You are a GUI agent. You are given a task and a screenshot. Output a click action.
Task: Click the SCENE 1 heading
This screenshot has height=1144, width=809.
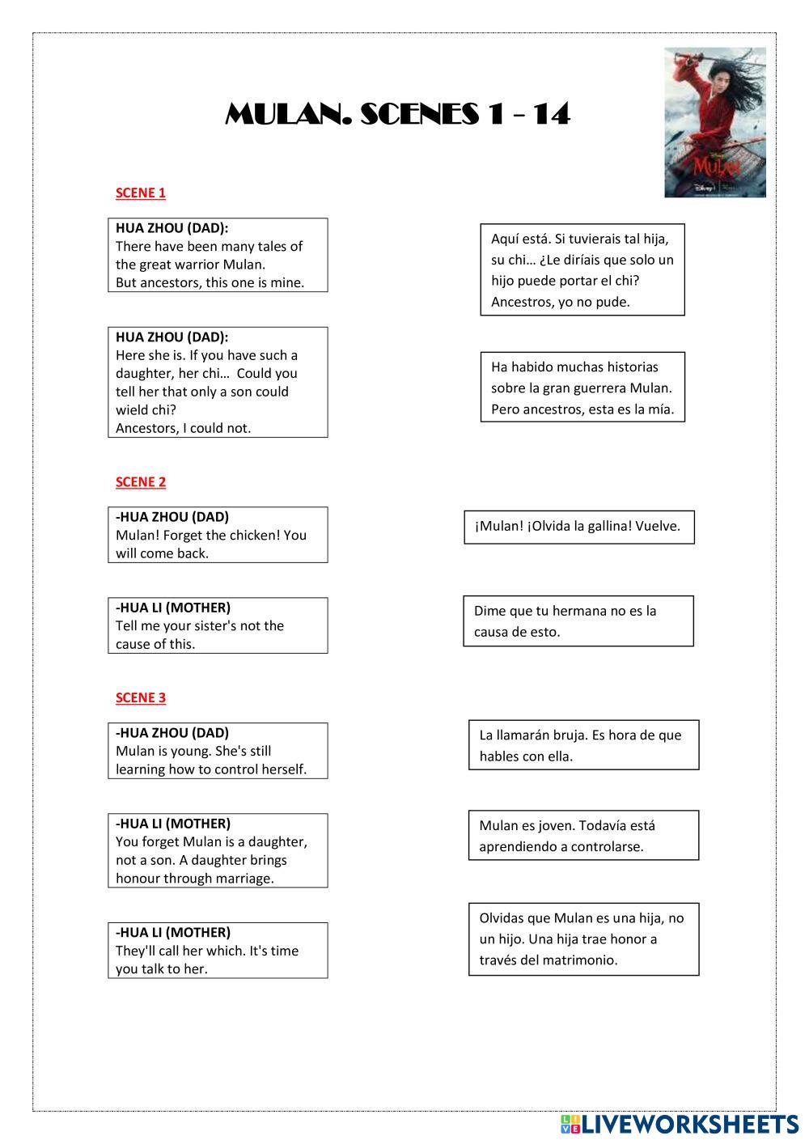click(141, 193)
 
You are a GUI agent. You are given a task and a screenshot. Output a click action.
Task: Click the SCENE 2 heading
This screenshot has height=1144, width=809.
click(141, 482)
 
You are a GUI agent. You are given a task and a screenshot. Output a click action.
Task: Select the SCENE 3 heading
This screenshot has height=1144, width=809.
click(141, 698)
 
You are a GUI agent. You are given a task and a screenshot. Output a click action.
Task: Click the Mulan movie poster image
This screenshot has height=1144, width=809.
click(715, 122)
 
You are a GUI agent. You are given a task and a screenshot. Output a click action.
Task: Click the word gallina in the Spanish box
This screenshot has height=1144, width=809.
click(608, 527)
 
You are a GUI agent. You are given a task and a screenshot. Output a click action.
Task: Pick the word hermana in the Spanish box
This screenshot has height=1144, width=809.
click(578, 611)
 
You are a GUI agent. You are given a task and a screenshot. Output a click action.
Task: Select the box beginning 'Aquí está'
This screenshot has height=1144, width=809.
click(582, 270)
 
